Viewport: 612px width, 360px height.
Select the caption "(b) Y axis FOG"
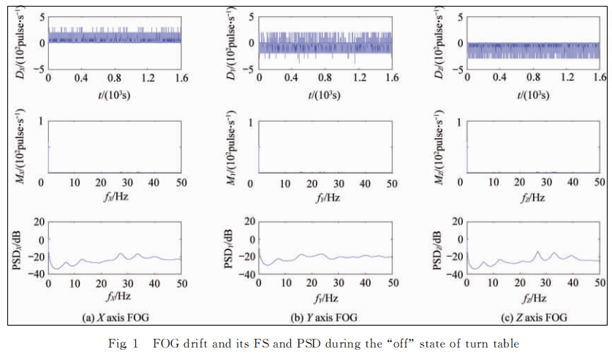(x=323, y=317)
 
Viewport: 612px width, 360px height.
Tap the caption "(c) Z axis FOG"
(x=531, y=317)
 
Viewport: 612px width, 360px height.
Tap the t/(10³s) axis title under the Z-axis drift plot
(x=532, y=94)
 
